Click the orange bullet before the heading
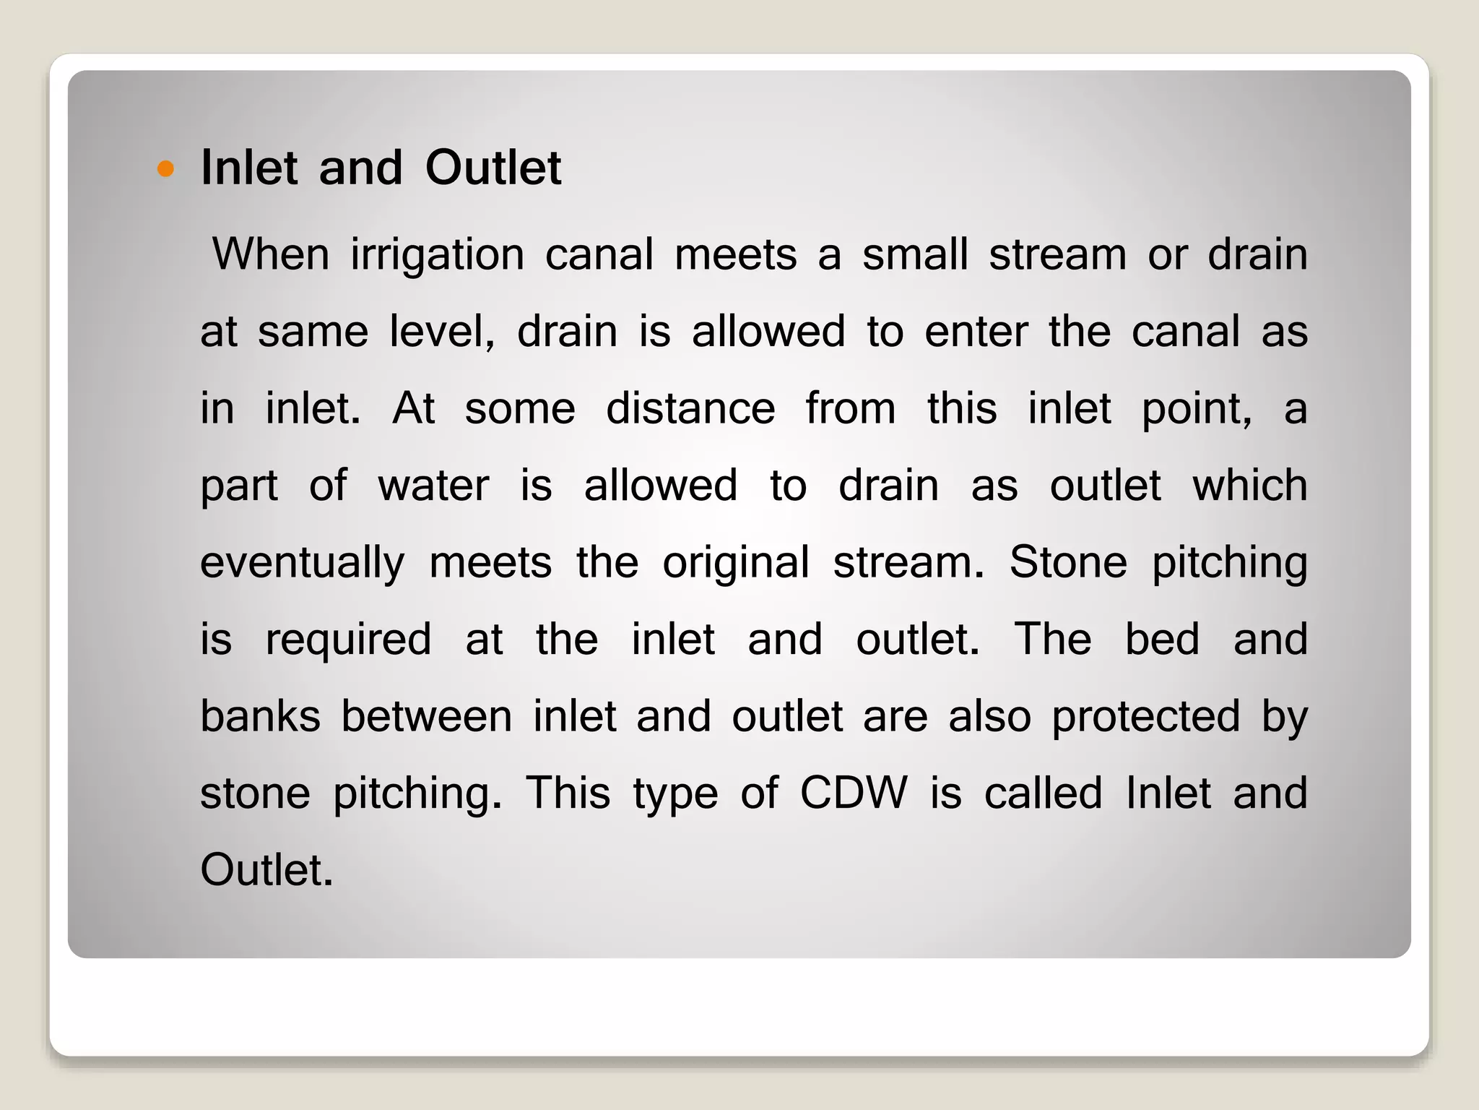click(166, 169)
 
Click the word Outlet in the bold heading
click(493, 168)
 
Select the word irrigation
click(438, 255)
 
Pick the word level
click(440, 332)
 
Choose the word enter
click(976, 332)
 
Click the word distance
click(690, 408)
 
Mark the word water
click(433, 485)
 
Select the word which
click(1249, 485)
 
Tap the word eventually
click(302, 564)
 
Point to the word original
click(736, 564)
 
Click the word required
click(348, 640)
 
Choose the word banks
click(260, 716)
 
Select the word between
click(426, 716)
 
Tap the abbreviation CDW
click(853, 793)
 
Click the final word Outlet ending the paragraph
click(266, 870)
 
